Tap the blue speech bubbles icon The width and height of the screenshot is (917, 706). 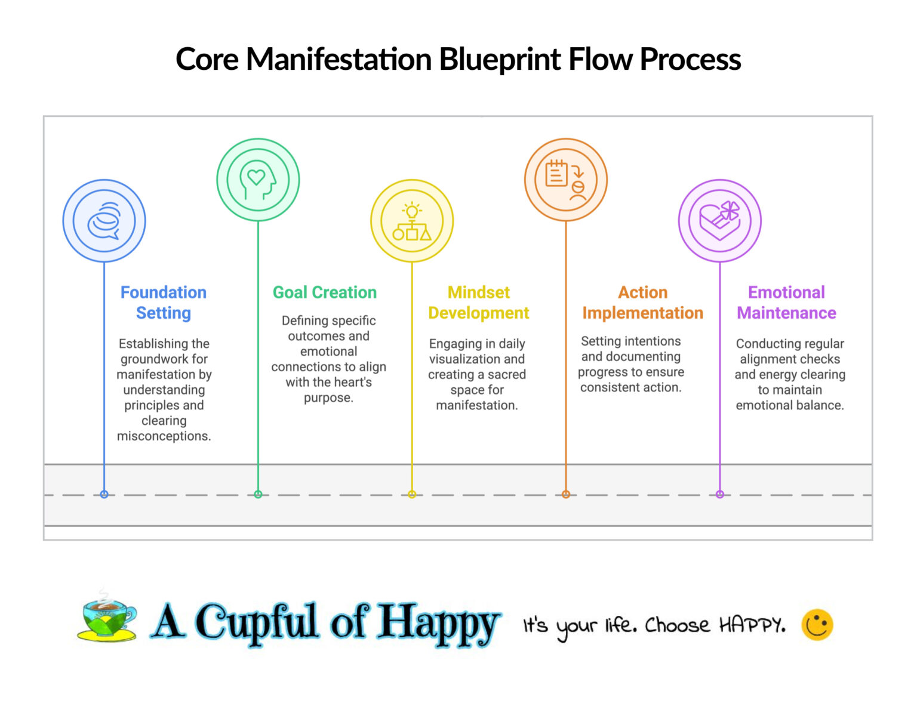pyautogui.click(x=104, y=221)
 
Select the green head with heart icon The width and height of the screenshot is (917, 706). pyautogui.click(x=258, y=180)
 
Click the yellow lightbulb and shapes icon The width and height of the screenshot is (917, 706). pyautogui.click(x=412, y=221)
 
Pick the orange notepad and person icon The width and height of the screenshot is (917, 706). pyautogui.click(x=565, y=180)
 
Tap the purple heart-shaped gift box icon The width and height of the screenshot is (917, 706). pyautogui.click(x=720, y=221)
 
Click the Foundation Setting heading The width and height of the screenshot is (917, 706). pyautogui.click(x=164, y=303)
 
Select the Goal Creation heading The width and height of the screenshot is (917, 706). pyautogui.click(x=325, y=292)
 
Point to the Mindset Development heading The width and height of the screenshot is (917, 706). pyautogui.click(x=478, y=303)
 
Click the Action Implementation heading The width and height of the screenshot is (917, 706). pyautogui.click(x=642, y=303)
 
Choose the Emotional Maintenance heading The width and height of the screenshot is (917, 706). pyautogui.click(x=786, y=303)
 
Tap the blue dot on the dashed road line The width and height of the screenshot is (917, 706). pyautogui.click(x=104, y=494)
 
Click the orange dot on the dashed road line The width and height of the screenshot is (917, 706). pyautogui.click(x=566, y=494)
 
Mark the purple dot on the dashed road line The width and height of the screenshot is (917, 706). pyautogui.click(x=720, y=494)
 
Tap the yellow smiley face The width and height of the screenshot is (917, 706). pyautogui.click(x=817, y=625)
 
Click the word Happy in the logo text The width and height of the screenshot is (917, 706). pyautogui.click(x=439, y=622)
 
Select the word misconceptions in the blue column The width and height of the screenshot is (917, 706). pyautogui.click(x=164, y=436)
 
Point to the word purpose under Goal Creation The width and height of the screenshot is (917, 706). pyautogui.click(x=328, y=398)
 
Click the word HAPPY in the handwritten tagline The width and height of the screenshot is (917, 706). pyautogui.click(x=751, y=625)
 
